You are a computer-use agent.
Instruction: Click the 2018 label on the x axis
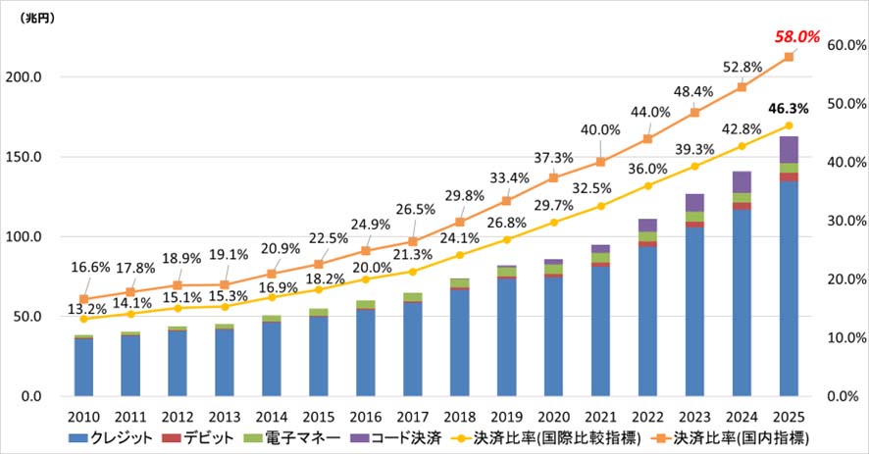tap(459, 415)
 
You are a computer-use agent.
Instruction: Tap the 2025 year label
tap(789, 415)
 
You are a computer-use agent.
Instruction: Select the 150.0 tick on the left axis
tap(45, 157)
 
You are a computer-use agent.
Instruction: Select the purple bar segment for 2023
tap(694, 202)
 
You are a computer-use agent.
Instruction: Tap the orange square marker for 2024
tap(741, 86)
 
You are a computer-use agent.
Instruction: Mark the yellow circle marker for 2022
tap(647, 185)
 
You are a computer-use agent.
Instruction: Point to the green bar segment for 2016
tap(366, 304)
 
